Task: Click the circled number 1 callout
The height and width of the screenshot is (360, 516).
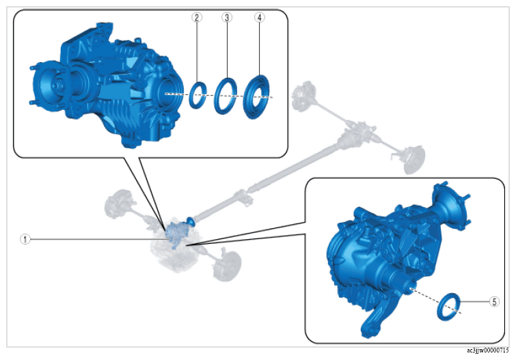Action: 25,239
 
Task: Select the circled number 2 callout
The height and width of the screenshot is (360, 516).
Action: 197,18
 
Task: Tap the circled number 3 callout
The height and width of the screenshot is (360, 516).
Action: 227,18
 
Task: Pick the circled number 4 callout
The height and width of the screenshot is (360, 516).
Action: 260,18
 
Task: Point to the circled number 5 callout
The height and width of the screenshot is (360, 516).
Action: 494,301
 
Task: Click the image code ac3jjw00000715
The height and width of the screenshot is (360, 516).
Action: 487,350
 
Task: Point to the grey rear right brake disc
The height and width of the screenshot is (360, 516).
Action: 414,161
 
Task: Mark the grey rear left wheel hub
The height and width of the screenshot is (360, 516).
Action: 303,96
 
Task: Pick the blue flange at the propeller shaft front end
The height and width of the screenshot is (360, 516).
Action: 191,220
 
